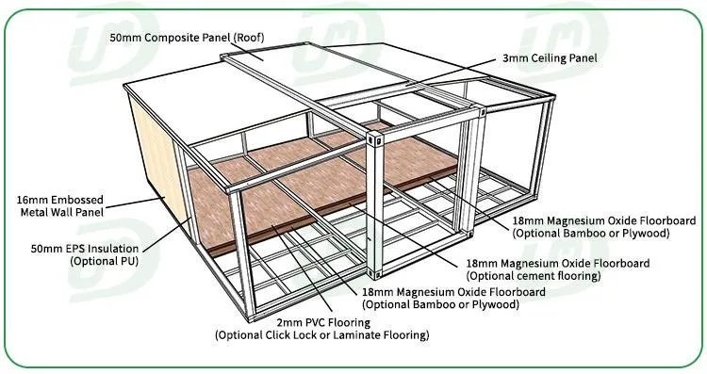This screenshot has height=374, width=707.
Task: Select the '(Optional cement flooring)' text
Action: click(x=534, y=276)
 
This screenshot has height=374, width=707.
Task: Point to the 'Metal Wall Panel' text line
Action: click(x=68, y=213)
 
